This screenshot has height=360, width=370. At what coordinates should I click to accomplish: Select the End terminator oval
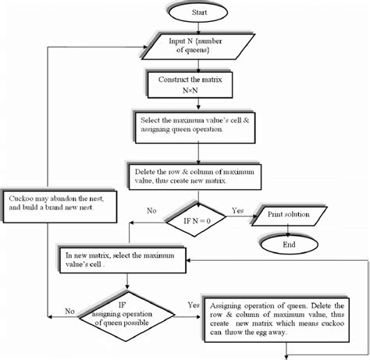[288, 243]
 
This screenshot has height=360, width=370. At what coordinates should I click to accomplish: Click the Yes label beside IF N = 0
[239, 211]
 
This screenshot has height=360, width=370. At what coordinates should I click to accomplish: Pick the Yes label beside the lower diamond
[192, 305]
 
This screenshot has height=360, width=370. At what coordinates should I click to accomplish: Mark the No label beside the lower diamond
[69, 310]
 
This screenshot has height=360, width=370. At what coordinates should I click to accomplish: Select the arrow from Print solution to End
[288, 229]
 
